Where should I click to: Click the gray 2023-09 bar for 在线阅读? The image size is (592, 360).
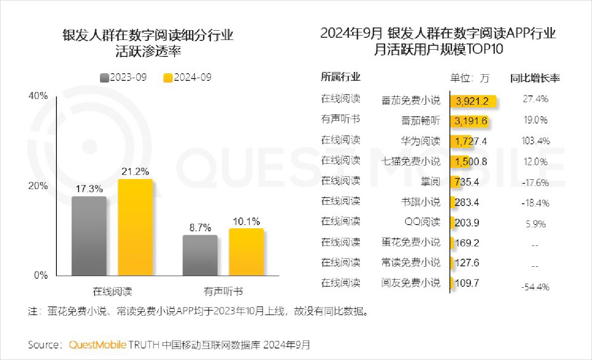pyautogui.click(x=89, y=236)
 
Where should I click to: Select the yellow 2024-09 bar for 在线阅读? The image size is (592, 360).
pyautogui.click(x=135, y=227)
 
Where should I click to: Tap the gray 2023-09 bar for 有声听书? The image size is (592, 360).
pyautogui.click(x=200, y=255)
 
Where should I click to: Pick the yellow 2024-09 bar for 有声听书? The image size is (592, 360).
pyautogui.click(x=246, y=252)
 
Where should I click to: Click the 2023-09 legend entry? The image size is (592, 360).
pyautogui.click(x=124, y=77)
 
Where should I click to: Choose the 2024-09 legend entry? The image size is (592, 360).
pyautogui.click(x=188, y=77)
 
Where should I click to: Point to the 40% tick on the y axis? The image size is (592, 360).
pyautogui.click(x=38, y=96)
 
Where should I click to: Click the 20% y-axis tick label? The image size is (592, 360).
pyautogui.click(x=38, y=186)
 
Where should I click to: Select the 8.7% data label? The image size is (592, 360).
pyautogui.click(x=200, y=228)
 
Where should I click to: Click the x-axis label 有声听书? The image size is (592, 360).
pyautogui.click(x=223, y=292)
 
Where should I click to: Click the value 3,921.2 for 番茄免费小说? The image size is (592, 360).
pyautogui.click(x=472, y=101)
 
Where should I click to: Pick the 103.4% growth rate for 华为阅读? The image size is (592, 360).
pyautogui.click(x=535, y=141)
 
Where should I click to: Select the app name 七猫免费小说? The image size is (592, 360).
pyautogui.click(x=411, y=162)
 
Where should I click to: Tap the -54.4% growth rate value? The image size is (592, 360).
pyautogui.click(x=535, y=287)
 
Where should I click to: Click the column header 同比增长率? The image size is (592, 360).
pyautogui.click(x=535, y=78)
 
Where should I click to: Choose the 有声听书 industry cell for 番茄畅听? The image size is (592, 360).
pyautogui.click(x=341, y=119)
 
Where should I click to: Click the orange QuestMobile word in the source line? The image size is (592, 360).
pyautogui.click(x=98, y=345)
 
